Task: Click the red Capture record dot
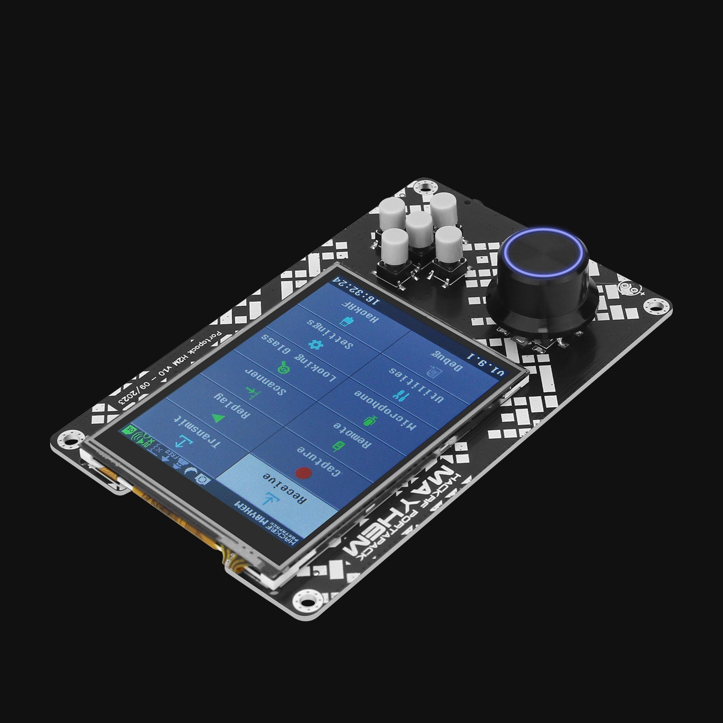coord(303,473)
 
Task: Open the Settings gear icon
coord(313,344)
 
